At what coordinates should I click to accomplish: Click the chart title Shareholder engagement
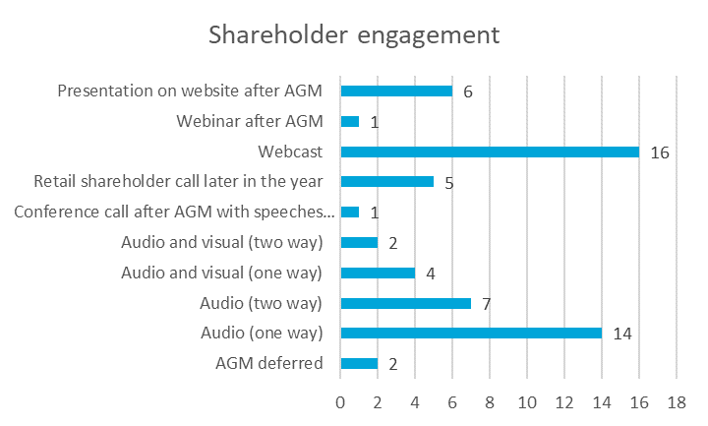(x=354, y=35)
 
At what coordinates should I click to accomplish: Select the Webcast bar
(x=489, y=152)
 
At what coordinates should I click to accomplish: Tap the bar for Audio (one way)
(x=470, y=333)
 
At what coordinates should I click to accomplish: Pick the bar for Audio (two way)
(x=405, y=303)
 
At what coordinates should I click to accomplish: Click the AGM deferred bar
(x=359, y=363)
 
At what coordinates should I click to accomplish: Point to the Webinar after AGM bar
(x=349, y=121)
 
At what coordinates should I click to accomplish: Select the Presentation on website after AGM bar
(x=395, y=91)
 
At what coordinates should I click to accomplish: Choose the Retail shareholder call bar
(x=386, y=181)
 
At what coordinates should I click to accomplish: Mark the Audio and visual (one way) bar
(x=378, y=273)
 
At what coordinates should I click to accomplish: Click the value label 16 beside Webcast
(x=659, y=152)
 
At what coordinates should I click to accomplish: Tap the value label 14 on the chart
(x=621, y=334)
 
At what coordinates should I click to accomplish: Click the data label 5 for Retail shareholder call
(x=448, y=182)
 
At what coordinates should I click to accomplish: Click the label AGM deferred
(x=269, y=363)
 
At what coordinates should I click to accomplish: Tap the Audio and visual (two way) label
(x=222, y=242)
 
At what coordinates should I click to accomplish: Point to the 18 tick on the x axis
(x=677, y=402)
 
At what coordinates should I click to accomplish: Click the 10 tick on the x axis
(x=527, y=402)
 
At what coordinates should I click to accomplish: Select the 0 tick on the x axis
(x=340, y=402)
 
